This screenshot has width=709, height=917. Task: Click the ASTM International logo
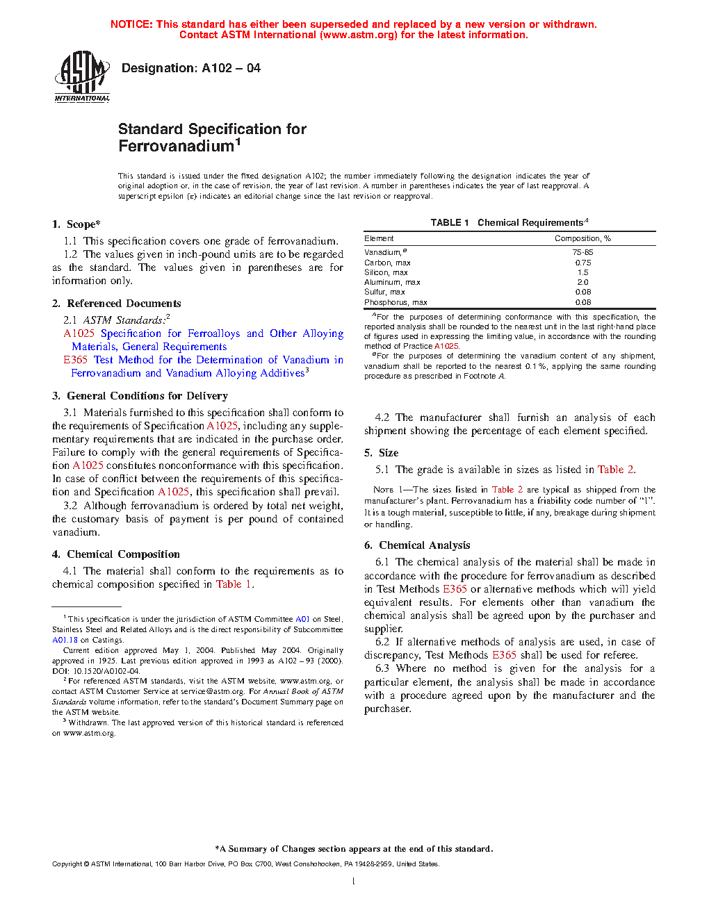coord(82,76)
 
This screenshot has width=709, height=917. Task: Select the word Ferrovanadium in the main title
coord(177,146)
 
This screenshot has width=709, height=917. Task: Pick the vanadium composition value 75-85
coord(582,252)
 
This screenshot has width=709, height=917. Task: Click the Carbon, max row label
coord(387,263)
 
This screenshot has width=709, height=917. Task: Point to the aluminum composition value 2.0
coord(582,282)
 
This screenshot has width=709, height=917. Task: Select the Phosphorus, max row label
coord(396,302)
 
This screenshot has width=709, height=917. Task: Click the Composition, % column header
coord(582,238)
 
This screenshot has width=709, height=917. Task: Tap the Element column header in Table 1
coord(379,238)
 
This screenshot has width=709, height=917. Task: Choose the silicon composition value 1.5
coord(582,272)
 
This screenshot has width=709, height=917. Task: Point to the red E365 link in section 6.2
coord(504,655)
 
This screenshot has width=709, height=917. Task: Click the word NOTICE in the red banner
coord(131,24)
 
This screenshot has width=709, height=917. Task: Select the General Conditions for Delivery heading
coord(147,396)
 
